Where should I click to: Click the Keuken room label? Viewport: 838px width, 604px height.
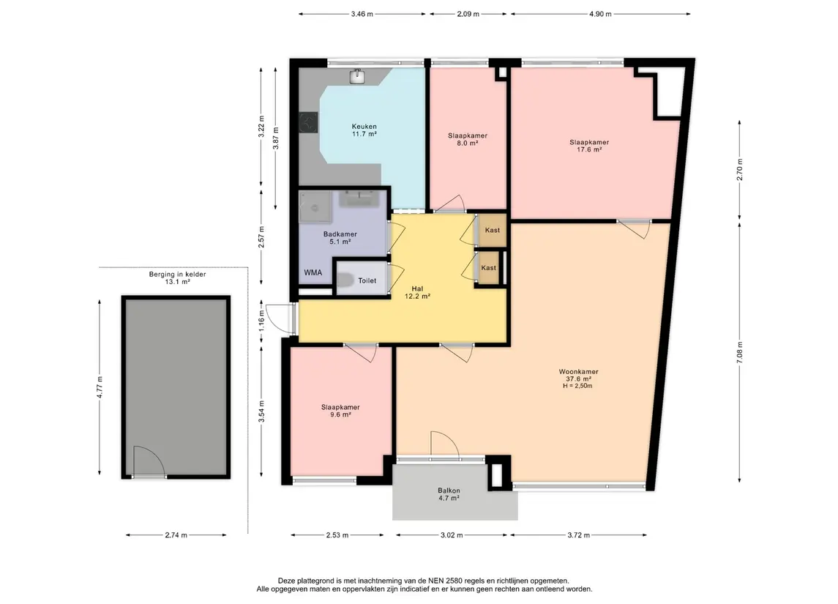tap(364, 130)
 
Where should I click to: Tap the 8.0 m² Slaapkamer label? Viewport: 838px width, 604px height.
tap(468, 140)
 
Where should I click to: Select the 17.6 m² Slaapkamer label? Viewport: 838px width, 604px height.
tap(589, 146)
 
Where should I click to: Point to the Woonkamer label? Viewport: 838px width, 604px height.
tap(578, 379)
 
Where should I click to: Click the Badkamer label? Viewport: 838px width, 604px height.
tap(340, 238)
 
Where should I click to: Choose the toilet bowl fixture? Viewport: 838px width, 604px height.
tap(345, 280)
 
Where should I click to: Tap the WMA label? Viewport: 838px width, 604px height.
tap(313, 272)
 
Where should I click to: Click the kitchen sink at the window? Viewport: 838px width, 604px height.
tap(358, 76)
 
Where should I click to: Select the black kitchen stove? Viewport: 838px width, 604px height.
tap(308, 122)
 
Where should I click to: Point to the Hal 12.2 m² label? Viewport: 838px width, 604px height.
tap(417, 292)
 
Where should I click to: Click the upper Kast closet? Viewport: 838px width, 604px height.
tap(492, 230)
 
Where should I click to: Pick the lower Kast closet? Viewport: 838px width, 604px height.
tap(488, 268)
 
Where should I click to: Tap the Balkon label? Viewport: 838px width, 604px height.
tap(449, 494)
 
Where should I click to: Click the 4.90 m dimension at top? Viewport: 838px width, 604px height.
tap(600, 14)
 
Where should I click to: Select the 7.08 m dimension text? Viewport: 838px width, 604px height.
tap(740, 352)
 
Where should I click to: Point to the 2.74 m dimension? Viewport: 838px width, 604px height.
tap(176, 535)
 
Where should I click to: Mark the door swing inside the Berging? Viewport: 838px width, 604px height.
tap(149, 461)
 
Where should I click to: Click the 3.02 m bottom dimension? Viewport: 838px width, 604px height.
tap(452, 535)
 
